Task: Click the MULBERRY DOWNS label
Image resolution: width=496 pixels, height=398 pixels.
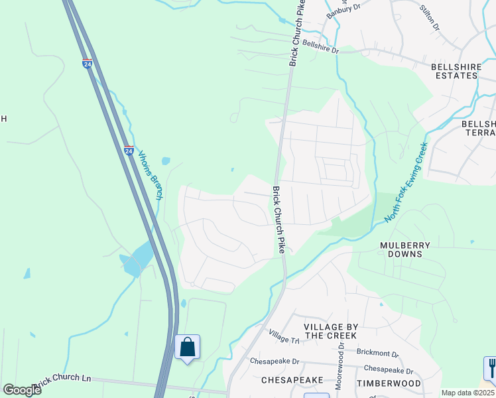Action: tap(405, 249)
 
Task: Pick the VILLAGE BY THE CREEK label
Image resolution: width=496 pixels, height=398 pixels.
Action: tap(331, 331)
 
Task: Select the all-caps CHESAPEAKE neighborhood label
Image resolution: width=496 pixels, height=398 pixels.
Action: tap(292, 380)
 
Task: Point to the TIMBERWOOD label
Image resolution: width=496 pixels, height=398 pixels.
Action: tap(389, 383)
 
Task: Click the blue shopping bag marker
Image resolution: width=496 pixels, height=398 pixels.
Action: tap(188, 347)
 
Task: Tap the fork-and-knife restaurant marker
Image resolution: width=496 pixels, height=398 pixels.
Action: tap(491, 366)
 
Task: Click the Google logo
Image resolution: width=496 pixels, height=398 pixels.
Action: tap(22, 390)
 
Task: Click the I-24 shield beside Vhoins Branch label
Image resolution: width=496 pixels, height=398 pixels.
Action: tap(129, 151)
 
